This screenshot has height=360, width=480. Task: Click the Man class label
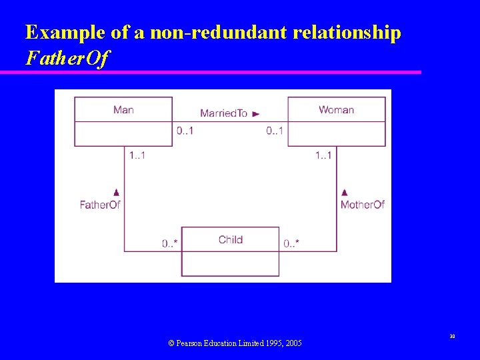tap(123, 110)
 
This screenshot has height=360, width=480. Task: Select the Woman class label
tap(336, 110)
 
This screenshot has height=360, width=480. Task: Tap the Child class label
tap(231, 239)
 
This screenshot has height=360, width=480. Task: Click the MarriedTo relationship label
tap(223, 113)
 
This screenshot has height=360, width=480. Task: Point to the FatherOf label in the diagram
tap(100, 205)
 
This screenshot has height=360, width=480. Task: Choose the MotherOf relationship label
tap(363, 205)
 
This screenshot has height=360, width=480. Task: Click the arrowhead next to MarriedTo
tap(256, 114)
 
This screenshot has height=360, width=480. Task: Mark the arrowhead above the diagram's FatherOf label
tap(117, 192)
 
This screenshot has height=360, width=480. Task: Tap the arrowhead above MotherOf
tap(344, 192)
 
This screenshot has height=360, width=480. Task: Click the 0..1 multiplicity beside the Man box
tap(185, 131)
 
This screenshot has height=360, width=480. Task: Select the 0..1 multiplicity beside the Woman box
tap(275, 131)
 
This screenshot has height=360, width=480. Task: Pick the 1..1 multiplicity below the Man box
tap(137, 156)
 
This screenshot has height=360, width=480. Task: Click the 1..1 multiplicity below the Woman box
tap(323, 156)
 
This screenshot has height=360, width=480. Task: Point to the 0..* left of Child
tap(169, 244)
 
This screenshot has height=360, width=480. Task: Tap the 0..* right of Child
tap(291, 244)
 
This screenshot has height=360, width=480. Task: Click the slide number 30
tap(451, 337)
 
